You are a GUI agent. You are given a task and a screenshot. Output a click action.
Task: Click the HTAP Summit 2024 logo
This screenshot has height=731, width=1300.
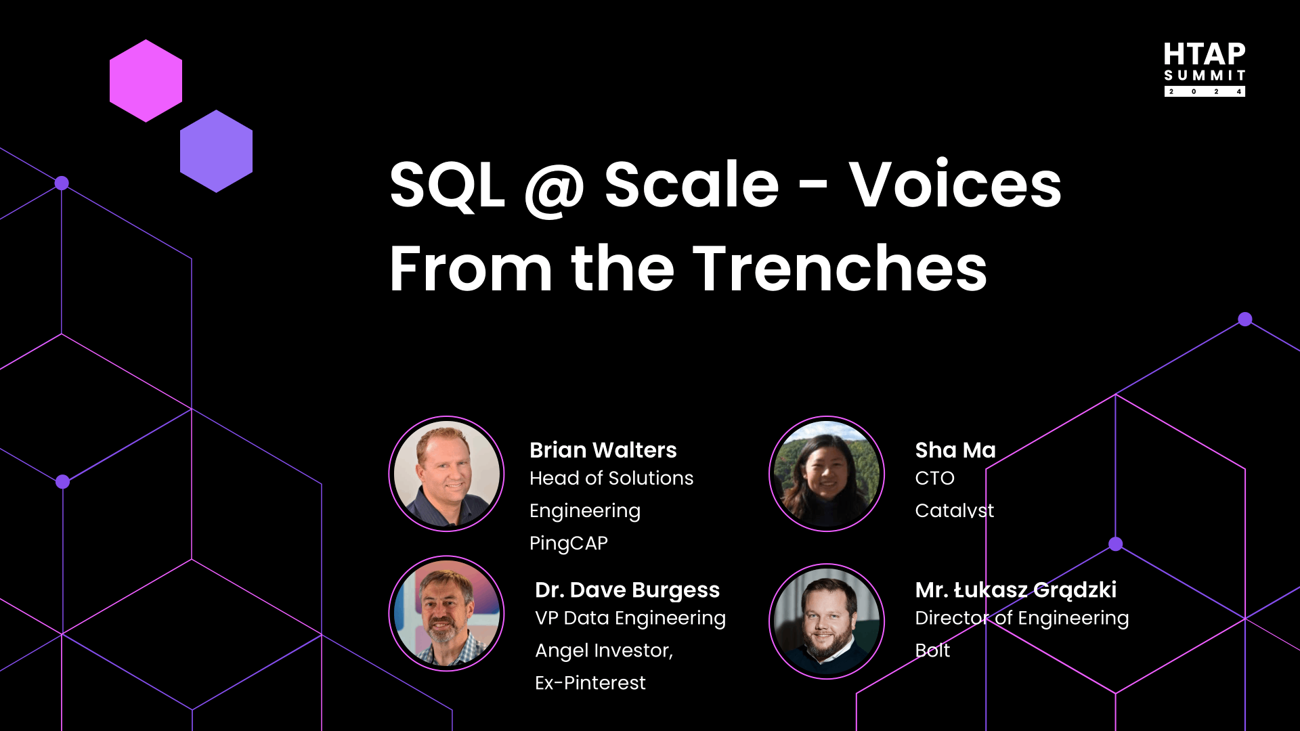click(x=1205, y=69)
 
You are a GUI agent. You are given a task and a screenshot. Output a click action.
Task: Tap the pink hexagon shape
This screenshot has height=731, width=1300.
click(x=146, y=81)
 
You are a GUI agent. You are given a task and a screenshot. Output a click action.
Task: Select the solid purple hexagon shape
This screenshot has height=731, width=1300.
click(x=216, y=151)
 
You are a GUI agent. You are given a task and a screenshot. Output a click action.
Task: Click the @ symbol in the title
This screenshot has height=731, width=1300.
click(x=555, y=188)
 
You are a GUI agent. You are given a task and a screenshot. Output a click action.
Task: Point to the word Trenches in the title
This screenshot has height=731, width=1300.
click(x=840, y=269)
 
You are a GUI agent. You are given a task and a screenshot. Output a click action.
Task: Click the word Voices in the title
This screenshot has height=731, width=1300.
click(x=955, y=184)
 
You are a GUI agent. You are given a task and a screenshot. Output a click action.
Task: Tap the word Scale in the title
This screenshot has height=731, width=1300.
click(x=691, y=184)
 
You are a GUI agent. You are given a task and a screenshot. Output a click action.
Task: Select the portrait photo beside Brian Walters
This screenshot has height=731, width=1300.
click(x=446, y=474)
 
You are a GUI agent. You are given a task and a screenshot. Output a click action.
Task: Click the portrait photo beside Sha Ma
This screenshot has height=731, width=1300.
click(x=827, y=474)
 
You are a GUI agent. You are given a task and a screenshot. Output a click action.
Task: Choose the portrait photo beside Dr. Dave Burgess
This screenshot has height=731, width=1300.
click(x=446, y=613)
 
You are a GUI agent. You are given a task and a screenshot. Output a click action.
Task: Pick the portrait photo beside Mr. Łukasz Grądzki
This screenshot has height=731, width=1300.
click(x=827, y=621)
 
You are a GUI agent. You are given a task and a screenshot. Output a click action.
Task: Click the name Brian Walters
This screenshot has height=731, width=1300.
click(x=603, y=450)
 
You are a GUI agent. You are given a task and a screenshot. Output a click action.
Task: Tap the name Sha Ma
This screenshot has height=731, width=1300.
click(x=955, y=450)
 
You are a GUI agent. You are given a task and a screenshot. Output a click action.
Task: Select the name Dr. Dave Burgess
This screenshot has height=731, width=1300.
click(x=628, y=590)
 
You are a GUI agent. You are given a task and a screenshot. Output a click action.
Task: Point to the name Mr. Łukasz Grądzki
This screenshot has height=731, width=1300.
click(x=1016, y=590)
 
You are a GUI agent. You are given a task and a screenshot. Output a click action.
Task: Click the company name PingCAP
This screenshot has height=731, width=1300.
click(x=569, y=543)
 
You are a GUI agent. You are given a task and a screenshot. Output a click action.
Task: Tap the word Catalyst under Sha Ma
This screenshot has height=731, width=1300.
click(x=955, y=510)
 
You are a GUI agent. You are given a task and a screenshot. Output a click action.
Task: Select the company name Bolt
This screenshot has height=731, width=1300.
click(x=932, y=650)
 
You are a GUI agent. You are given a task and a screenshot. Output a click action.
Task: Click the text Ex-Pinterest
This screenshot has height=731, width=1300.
click(x=590, y=683)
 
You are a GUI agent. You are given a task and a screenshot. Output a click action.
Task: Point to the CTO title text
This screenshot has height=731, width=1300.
click(x=934, y=479)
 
